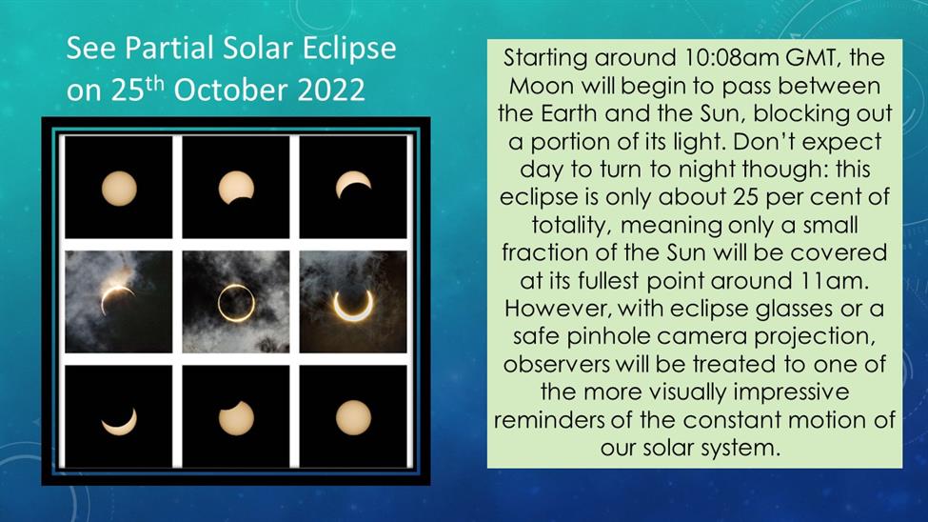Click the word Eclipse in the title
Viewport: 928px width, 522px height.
point(349,49)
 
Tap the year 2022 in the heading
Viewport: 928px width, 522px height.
point(331,90)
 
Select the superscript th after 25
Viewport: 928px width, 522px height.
point(155,83)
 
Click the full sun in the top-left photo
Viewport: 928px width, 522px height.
point(119,189)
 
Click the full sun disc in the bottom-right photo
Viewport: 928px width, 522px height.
point(353,418)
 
